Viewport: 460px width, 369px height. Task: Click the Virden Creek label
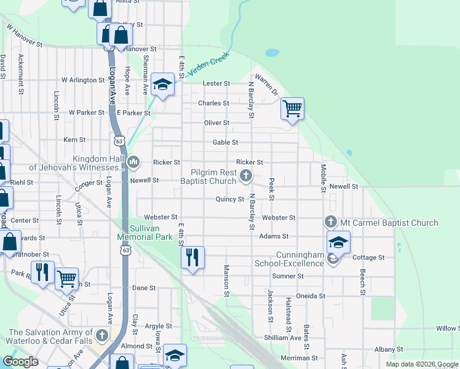(x=208, y=64)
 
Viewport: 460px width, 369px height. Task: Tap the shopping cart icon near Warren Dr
(x=293, y=109)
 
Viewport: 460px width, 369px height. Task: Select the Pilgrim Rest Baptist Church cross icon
(x=246, y=177)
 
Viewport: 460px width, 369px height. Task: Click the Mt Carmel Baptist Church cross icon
(x=331, y=222)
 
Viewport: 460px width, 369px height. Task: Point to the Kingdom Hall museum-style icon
(x=133, y=162)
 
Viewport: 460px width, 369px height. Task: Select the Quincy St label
(x=230, y=199)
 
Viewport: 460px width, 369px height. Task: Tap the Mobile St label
(x=323, y=177)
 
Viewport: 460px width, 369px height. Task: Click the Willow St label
(x=448, y=328)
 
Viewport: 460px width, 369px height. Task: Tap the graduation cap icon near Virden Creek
(x=163, y=84)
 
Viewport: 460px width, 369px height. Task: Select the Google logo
(x=20, y=362)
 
